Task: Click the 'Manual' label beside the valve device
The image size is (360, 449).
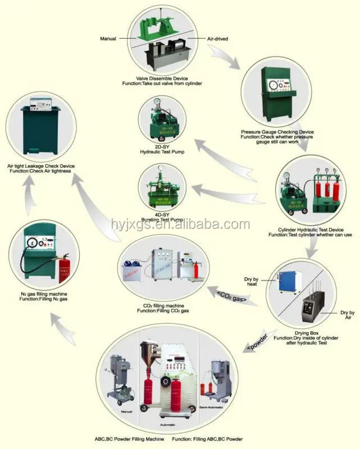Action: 108,39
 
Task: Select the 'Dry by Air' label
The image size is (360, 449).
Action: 347,315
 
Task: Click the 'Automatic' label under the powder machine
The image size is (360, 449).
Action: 170,418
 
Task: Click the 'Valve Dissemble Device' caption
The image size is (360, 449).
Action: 163,78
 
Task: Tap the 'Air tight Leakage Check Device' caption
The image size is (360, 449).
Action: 40,166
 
